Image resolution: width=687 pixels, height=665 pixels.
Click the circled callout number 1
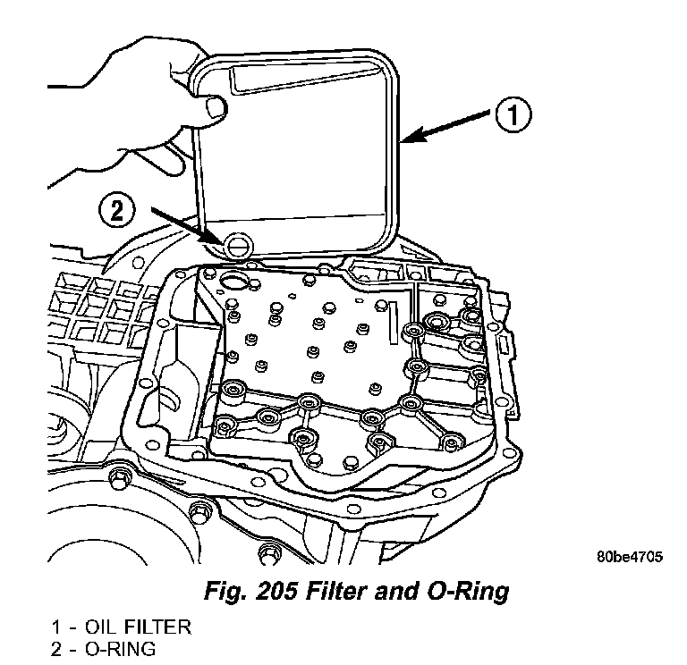coord(512,116)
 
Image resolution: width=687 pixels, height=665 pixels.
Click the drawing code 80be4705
coord(630,556)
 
